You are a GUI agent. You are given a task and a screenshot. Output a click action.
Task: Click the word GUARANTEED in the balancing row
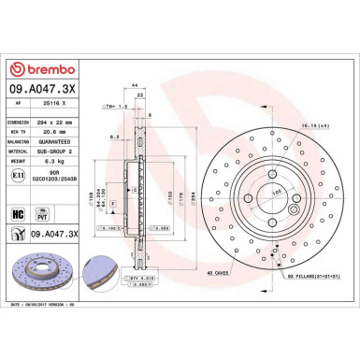click(x=63, y=141)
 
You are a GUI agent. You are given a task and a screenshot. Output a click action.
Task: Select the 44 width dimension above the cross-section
click(x=136, y=85)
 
